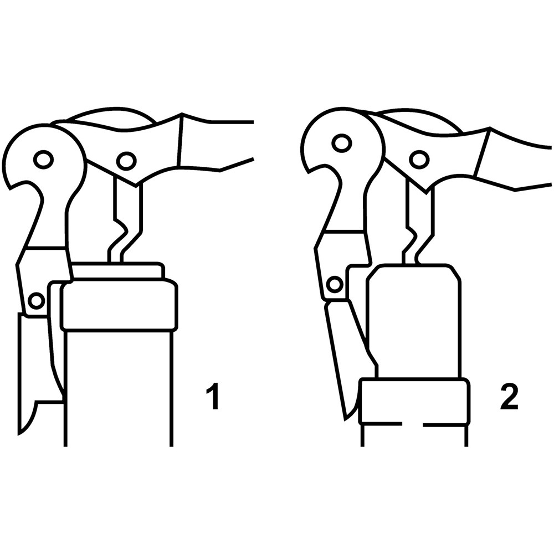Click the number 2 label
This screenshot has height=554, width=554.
[509, 397]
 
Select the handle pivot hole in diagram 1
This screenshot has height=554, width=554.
[126, 161]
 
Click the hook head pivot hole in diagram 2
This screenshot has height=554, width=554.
[341, 143]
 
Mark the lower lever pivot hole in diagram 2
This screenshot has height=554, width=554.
[335, 284]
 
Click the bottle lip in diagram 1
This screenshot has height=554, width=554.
[119, 304]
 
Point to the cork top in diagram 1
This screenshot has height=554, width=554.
[117, 270]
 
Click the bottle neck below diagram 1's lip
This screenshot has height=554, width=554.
[119, 389]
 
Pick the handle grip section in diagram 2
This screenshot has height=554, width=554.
[512, 159]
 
